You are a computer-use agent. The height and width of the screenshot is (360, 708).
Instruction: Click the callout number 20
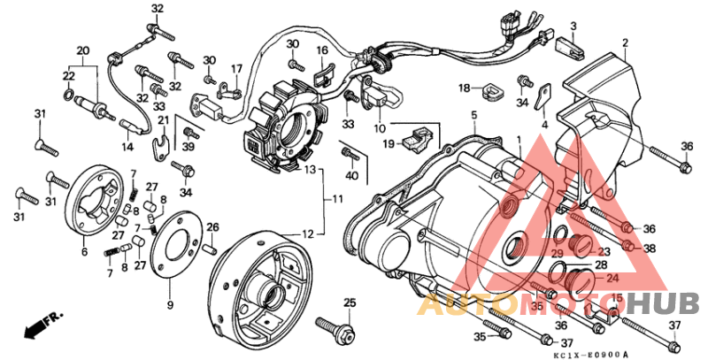pyautogui.click(x=83, y=50)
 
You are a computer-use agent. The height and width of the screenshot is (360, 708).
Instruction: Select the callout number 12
pyautogui.click(x=308, y=234)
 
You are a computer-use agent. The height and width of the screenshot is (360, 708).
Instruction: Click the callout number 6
pyautogui.click(x=84, y=251)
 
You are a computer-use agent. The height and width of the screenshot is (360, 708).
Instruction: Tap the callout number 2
pyautogui.click(x=625, y=42)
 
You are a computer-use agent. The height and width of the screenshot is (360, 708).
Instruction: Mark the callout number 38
pyautogui.click(x=651, y=249)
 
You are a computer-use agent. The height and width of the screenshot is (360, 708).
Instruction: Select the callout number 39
pyautogui.click(x=187, y=147)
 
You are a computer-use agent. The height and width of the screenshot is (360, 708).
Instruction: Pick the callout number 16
pyautogui.click(x=322, y=50)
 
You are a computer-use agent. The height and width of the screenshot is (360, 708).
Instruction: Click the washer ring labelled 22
pyautogui.click(x=67, y=94)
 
